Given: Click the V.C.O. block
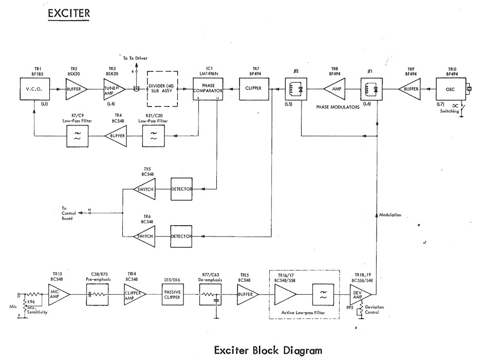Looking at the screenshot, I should [34, 89].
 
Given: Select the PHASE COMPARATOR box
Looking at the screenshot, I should [210, 89].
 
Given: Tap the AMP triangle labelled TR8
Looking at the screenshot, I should [334, 89].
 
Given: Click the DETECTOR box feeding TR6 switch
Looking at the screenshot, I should [181, 236].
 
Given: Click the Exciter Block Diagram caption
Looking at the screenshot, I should [268, 350].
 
